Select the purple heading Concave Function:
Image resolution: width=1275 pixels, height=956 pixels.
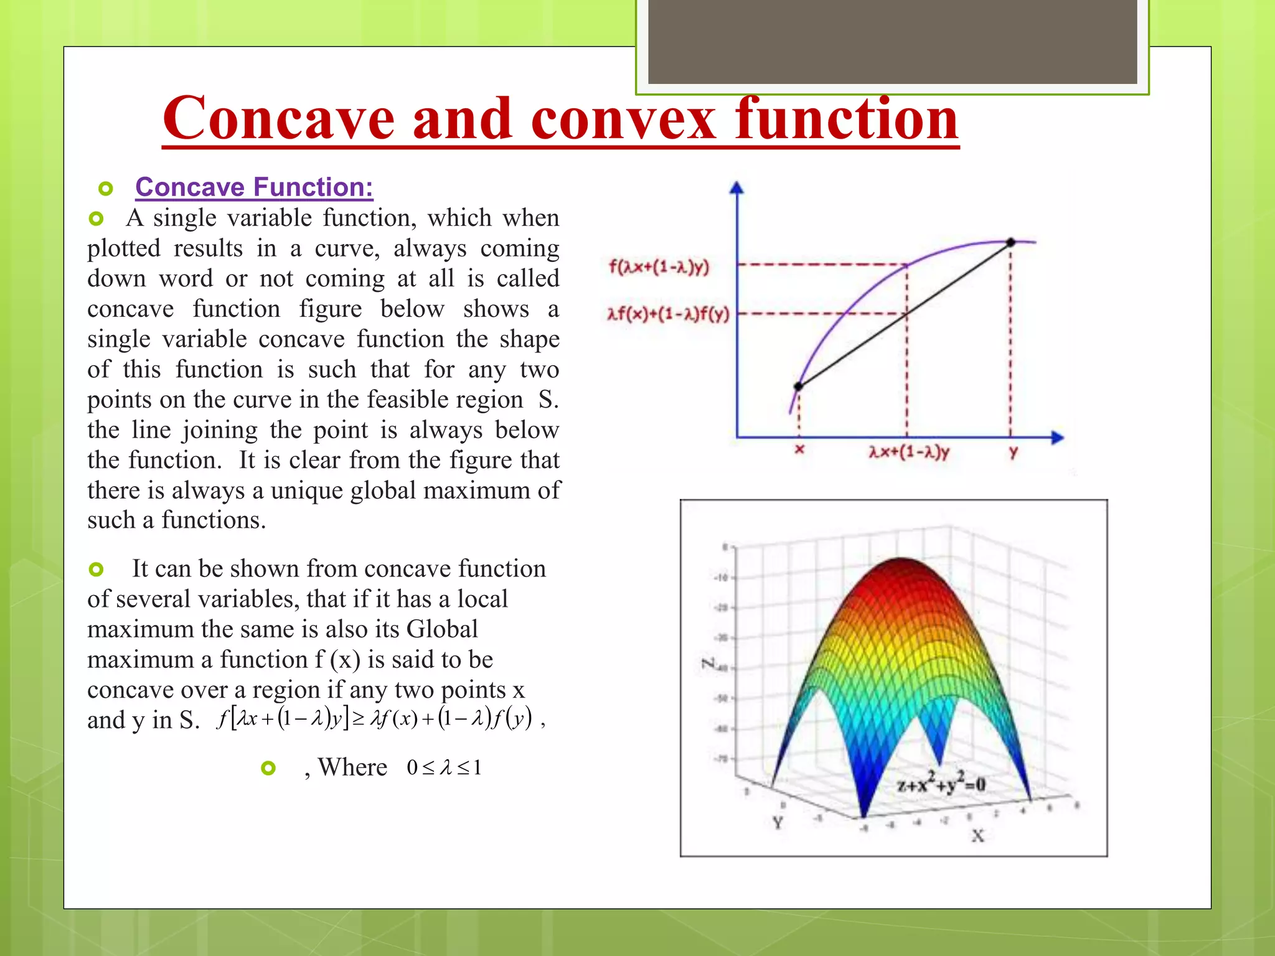click(x=254, y=187)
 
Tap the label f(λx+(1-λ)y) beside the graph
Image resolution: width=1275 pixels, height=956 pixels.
click(x=659, y=267)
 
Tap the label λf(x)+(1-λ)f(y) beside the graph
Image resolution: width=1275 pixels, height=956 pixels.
click(x=668, y=314)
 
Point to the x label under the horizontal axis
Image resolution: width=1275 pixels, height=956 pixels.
click(x=800, y=449)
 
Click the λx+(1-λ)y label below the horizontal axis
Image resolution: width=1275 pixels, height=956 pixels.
click(x=909, y=452)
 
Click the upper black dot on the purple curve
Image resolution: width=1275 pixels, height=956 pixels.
click(x=1011, y=242)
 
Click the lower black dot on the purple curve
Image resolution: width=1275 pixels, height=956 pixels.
click(x=799, y=387)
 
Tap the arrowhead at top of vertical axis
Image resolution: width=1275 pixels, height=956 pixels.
click(x=737, y=187)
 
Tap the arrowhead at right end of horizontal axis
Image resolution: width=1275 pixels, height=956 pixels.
click(x=1058, y=438)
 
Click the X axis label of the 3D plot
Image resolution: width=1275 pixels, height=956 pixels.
click(x=977, y=836)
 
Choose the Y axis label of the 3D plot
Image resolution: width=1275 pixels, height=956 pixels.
click(x=778, y=823)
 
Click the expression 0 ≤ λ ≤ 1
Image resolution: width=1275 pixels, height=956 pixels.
click(x=444, y=767)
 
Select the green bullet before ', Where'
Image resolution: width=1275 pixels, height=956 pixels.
click(x=268, y=768)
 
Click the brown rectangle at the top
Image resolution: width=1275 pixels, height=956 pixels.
click(x=892, y=42)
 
